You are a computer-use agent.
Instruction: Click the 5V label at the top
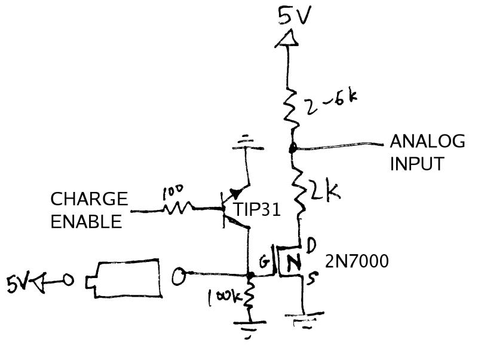coord(294,16)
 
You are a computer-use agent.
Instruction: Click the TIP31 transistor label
coord(258,209)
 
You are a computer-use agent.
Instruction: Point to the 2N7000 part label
coord(357,261)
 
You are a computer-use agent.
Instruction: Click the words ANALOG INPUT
coord(427,152)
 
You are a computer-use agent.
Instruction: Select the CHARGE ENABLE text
coord(88,210)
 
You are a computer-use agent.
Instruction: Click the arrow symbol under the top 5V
coord(288,39)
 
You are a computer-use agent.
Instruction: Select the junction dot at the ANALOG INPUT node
coord(293,147)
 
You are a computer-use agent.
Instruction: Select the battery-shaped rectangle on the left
coord(125,278)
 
